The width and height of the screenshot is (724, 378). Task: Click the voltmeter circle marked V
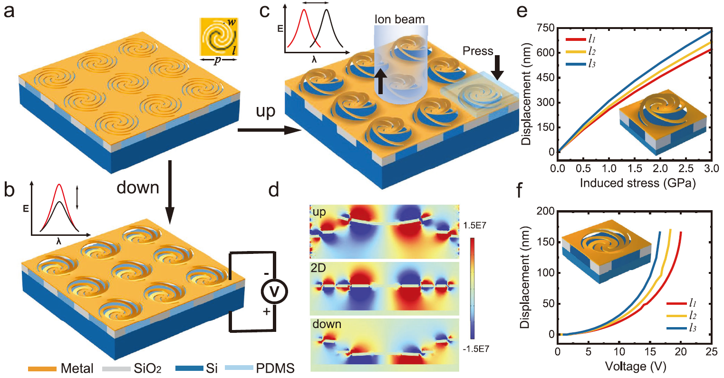pyautogui.click(x=274, y=291)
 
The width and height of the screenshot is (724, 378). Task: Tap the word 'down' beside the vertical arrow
pyautogui.click(x=138, y=187)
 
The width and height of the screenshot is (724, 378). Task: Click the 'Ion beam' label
pyautogui.click(x=399, y=19)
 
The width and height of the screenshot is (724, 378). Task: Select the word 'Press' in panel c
pyautogui.click(x=478, y=51)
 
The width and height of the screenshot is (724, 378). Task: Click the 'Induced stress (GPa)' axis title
pyautogui.click(x=637, y=183)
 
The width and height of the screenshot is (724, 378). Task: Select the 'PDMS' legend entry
pyautogui.click(x=275, y=368)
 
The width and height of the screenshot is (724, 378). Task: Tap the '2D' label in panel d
pyautogui.click(x=318, y=268)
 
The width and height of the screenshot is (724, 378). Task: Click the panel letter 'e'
pyautogui.click(x=522, y=10)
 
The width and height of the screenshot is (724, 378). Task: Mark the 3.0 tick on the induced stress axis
pyautogui.click(x=711, y=168)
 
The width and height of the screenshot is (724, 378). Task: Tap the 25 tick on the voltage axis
pyautogui.click(x=711, y=352)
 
